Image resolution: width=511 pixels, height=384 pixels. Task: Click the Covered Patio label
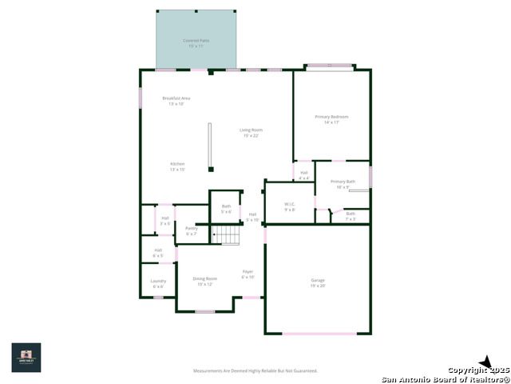[196, 42]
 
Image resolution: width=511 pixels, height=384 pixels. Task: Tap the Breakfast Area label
[176, 101]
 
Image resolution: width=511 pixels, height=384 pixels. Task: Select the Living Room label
[252, 132]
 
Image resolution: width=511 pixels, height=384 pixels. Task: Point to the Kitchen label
[176, 166]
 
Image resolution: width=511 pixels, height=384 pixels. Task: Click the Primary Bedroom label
[331, 119]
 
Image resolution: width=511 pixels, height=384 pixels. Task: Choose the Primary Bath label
[343, 184]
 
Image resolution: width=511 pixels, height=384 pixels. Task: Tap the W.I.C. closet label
[289, 206]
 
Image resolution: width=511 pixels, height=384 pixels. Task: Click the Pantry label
[191, 230]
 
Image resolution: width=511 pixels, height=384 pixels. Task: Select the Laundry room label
[158, 283]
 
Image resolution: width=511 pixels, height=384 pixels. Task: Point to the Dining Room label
[205, 281]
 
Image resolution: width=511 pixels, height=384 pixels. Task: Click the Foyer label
[248, 274]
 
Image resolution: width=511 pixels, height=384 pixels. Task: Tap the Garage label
[318, 282]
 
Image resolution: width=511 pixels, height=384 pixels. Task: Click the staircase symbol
[229, 234]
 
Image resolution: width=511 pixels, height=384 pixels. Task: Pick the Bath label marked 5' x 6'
[226, 209]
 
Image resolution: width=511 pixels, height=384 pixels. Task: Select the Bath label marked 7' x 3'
[351, 215]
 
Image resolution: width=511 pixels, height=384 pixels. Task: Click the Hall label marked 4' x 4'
[304, 174]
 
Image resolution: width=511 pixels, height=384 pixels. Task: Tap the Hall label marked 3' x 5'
[164, 220]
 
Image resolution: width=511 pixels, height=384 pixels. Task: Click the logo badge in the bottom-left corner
[26, 358]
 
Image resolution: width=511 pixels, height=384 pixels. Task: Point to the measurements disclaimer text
[255, 370]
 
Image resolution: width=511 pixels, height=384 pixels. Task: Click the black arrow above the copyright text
[484, 362]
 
